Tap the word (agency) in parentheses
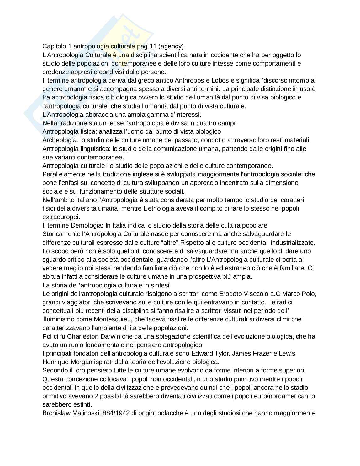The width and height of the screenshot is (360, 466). (x=171, y=46)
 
